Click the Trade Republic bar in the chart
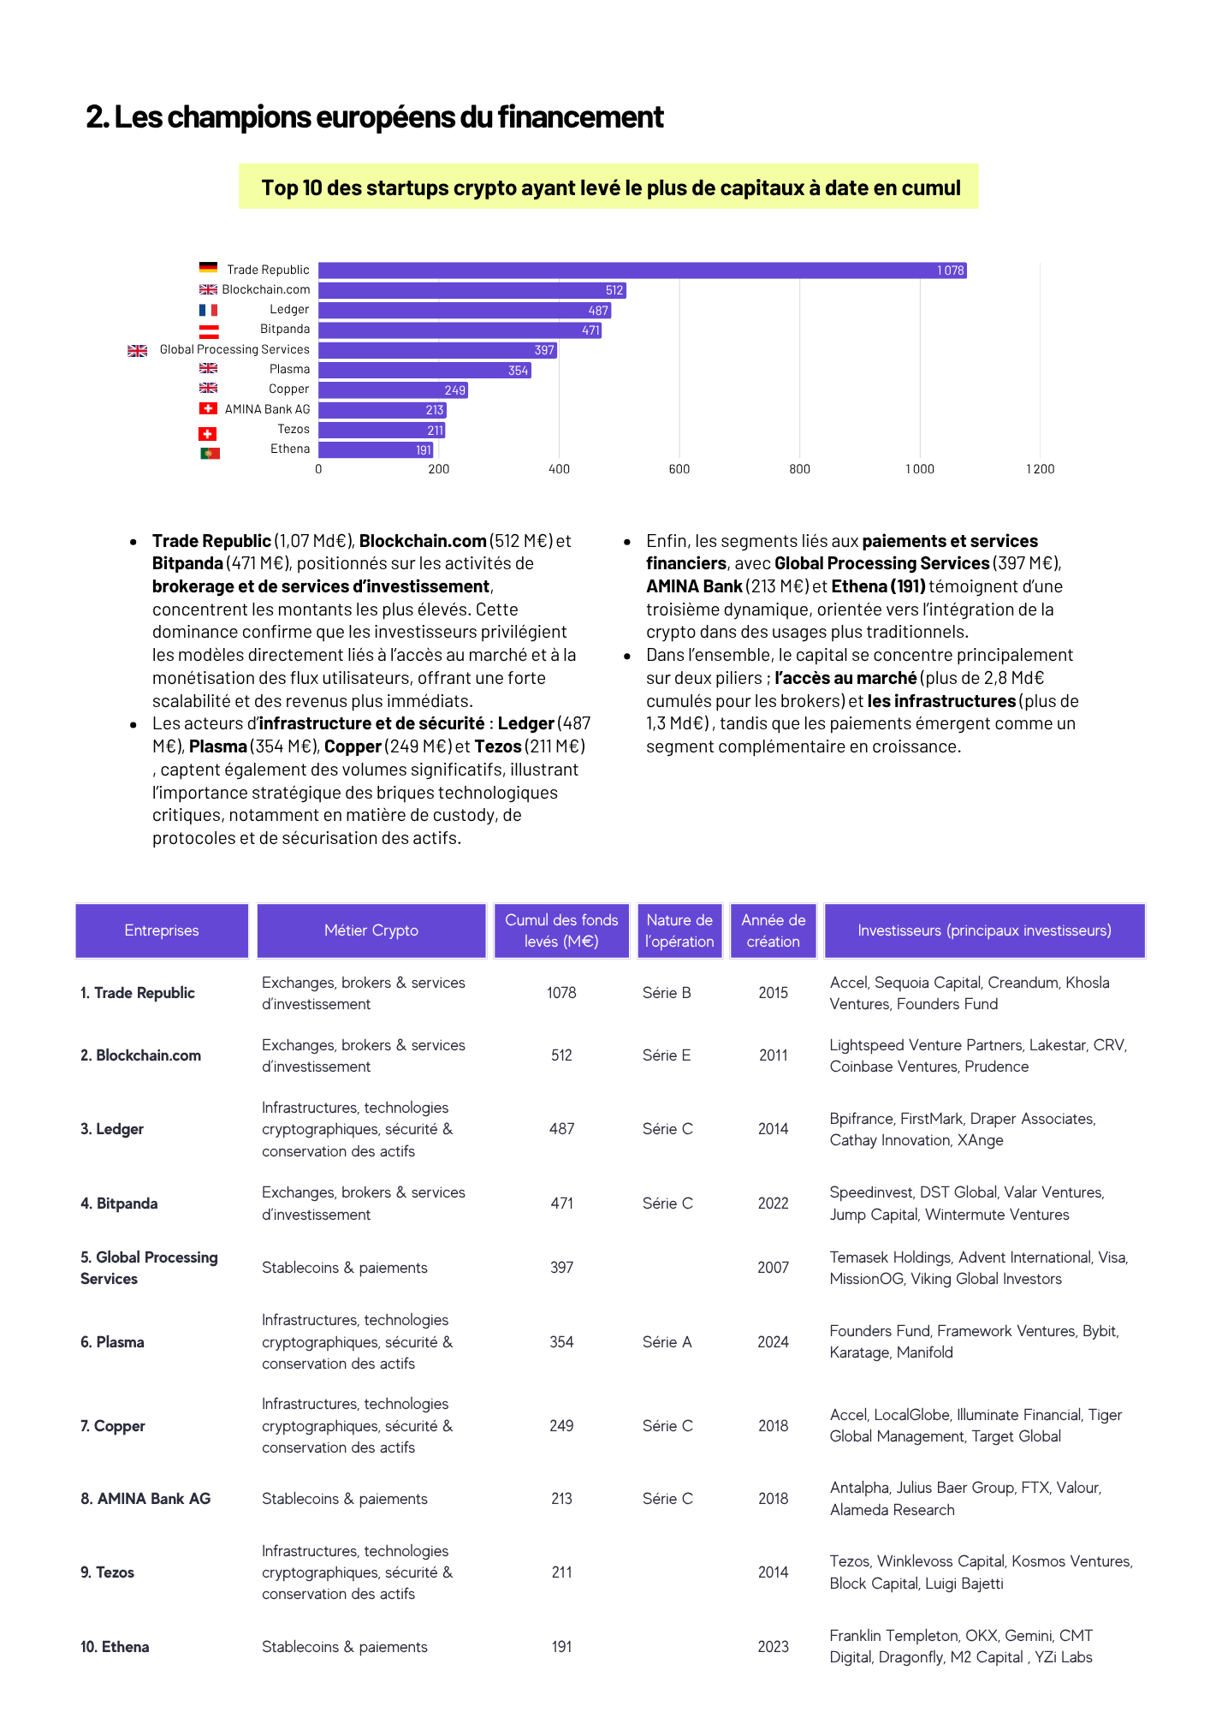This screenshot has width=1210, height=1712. (642, 270)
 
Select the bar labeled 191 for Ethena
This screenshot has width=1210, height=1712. (377, 450)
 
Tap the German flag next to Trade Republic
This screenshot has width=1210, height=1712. (208, 268)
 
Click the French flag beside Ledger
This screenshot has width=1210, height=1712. (208, 310)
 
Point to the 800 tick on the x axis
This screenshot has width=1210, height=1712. (799, 469)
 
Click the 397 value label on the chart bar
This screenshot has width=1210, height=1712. (544, 350)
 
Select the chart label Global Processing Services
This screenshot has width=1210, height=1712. (234, 349)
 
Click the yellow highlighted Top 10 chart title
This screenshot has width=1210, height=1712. (609, 187)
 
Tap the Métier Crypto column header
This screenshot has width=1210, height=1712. (371, 930)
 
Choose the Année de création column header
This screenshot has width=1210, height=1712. (773, 930)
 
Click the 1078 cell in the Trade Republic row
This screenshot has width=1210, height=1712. (561, 993)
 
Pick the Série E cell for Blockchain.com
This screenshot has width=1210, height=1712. (667, 1055)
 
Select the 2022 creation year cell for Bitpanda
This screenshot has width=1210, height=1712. (773, 1204)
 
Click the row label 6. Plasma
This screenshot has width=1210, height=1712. (113, 1342)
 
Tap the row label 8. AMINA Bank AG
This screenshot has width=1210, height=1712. (145, 1499)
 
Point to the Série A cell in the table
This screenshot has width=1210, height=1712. (667, 1342)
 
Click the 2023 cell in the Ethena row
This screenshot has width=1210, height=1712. (773, 1647)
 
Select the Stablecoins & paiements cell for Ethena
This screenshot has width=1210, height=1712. (345, 1647)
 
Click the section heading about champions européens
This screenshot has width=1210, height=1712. (375, 117)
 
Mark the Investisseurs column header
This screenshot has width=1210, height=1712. (984, 930)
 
